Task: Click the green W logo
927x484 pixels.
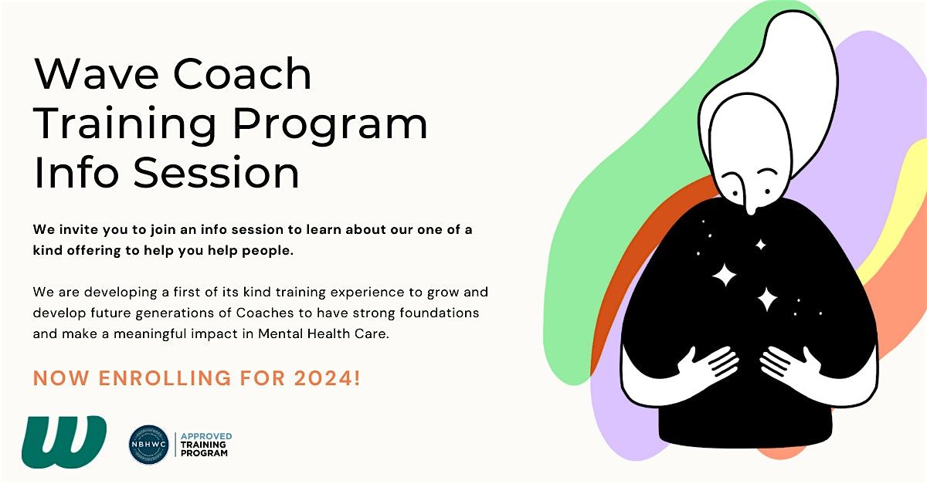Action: click(x=64, y=442)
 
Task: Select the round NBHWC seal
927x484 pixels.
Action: click(x=148, y=445)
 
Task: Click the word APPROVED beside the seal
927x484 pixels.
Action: click(x=205, y=436)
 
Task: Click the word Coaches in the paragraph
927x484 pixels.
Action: click(x=283, y=313)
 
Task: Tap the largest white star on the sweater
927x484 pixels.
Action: click(x=725, y=274)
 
